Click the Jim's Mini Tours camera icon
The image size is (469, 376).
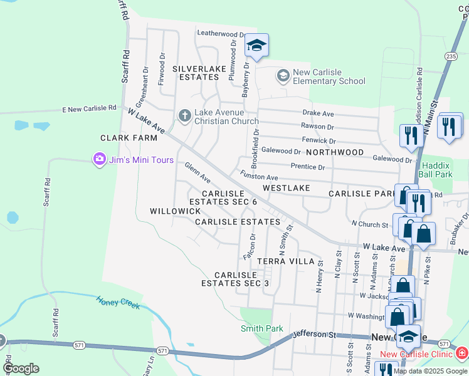click(99, 160)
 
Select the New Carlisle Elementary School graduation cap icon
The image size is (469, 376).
click(283, 76)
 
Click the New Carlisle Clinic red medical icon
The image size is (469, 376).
click(461, 354)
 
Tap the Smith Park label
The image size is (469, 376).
click(262, 328)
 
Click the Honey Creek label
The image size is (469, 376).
click(118, 302)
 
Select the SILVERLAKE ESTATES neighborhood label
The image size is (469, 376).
click(196, 72)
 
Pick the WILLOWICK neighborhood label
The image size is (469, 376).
click(175, 211)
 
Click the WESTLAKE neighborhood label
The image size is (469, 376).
click(286, 187)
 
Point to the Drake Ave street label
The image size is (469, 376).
click(318, 113)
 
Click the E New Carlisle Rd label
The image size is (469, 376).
click(89, 108)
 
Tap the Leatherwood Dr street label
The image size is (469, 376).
click(220, 34)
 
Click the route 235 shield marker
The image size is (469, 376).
click(450, 56)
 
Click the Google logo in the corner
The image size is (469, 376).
click(21, 368)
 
